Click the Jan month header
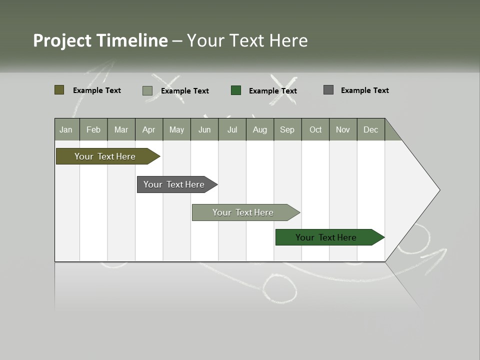(66, 129)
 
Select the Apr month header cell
(149, 129)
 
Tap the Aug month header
(260, 129)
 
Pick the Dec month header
(371, 129)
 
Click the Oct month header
(315, 129)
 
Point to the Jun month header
(204, 129)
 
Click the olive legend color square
(59, 90)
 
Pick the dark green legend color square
(236, 90)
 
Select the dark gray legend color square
(328, 90)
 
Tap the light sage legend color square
(147, 90)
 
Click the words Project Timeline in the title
(100, 40)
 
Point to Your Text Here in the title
(247, 40)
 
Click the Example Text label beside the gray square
(364, 90)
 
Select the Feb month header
(93, 129)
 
